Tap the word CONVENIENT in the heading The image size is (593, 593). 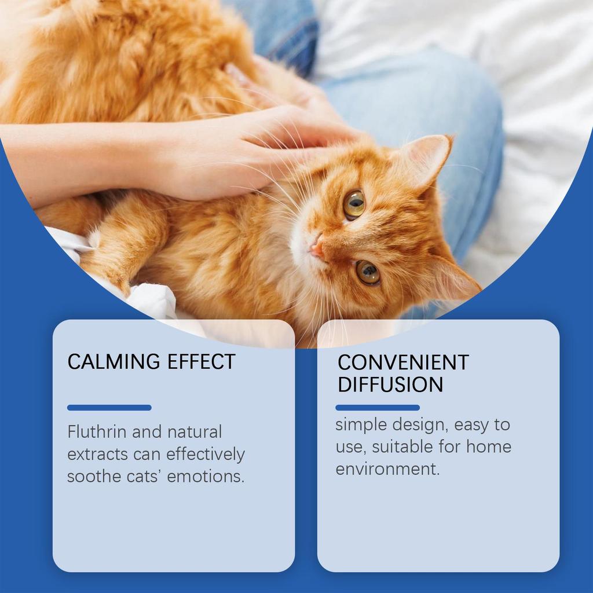pos(403,363)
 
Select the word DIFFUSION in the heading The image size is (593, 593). pos(390,385)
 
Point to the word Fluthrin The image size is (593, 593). pos(96,432)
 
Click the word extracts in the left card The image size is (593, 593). pos(97,455)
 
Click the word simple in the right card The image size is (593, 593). pos(361,424)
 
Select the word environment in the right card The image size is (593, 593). pos(387,469)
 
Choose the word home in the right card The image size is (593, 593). pos(489,447)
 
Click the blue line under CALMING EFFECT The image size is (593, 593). pos(109,408)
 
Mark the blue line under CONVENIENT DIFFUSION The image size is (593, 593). pos(378,408)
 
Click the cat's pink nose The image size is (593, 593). pos(316,250)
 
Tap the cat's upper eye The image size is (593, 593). pos(354,204)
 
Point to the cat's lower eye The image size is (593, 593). pos(367,272)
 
